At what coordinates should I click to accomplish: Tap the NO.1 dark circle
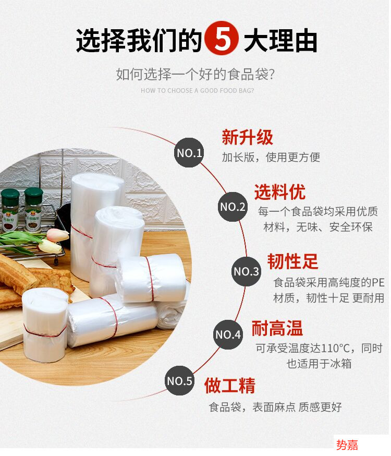click(189, 153)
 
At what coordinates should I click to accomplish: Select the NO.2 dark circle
click(233, 207)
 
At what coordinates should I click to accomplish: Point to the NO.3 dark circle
click(246, 271)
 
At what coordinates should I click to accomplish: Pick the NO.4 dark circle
click(228, 334)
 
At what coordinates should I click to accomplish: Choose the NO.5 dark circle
click(180, 381)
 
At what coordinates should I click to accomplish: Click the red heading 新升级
click(247, 138)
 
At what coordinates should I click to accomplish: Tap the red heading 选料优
click(279, 192)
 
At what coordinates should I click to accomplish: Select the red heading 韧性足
click(292, 261)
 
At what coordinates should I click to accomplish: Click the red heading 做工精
click(230, 386)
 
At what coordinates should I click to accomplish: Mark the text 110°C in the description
click(337, 348)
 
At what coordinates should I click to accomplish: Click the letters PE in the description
click(377, 282)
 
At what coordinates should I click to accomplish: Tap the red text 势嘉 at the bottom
click(347, 445)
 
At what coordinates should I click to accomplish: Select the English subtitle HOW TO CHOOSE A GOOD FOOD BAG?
click(198, 91)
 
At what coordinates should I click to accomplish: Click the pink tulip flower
click(57, 235)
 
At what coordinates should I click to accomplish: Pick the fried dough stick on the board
click(31, 277)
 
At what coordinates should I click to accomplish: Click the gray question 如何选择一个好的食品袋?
click(195, 75)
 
